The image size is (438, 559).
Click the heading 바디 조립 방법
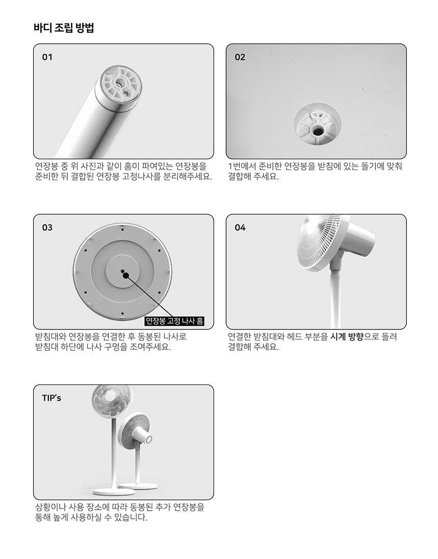tap(64, 28)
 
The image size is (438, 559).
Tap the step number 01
tap(47, 57)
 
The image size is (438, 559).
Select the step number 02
tap(240, 57)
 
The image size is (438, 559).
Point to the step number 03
tap(47, 228)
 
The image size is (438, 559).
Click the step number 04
tap(240, 228)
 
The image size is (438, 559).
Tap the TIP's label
tap(51, 398)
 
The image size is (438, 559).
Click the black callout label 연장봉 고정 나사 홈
tap(174, 321)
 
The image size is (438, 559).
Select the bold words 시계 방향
tap(346, 337)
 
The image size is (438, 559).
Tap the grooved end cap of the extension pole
tap(120, 88)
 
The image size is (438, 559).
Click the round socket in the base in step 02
tap(317, 124)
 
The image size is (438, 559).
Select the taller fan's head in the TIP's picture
tap(112, 401)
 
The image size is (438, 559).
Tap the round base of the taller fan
tap(114, 492)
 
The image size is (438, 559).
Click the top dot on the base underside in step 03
tap(122, 230)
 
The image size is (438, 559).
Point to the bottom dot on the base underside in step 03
tap(122, 314)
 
